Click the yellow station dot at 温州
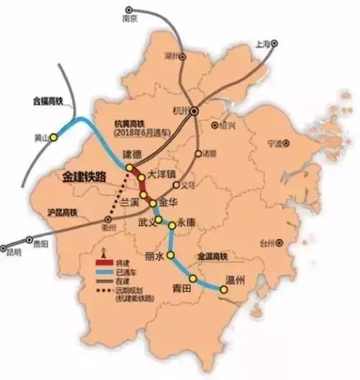coord(223,290)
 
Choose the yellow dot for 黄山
coord(52,137)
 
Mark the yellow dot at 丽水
coord(171,255)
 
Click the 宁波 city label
coord(275,142)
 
